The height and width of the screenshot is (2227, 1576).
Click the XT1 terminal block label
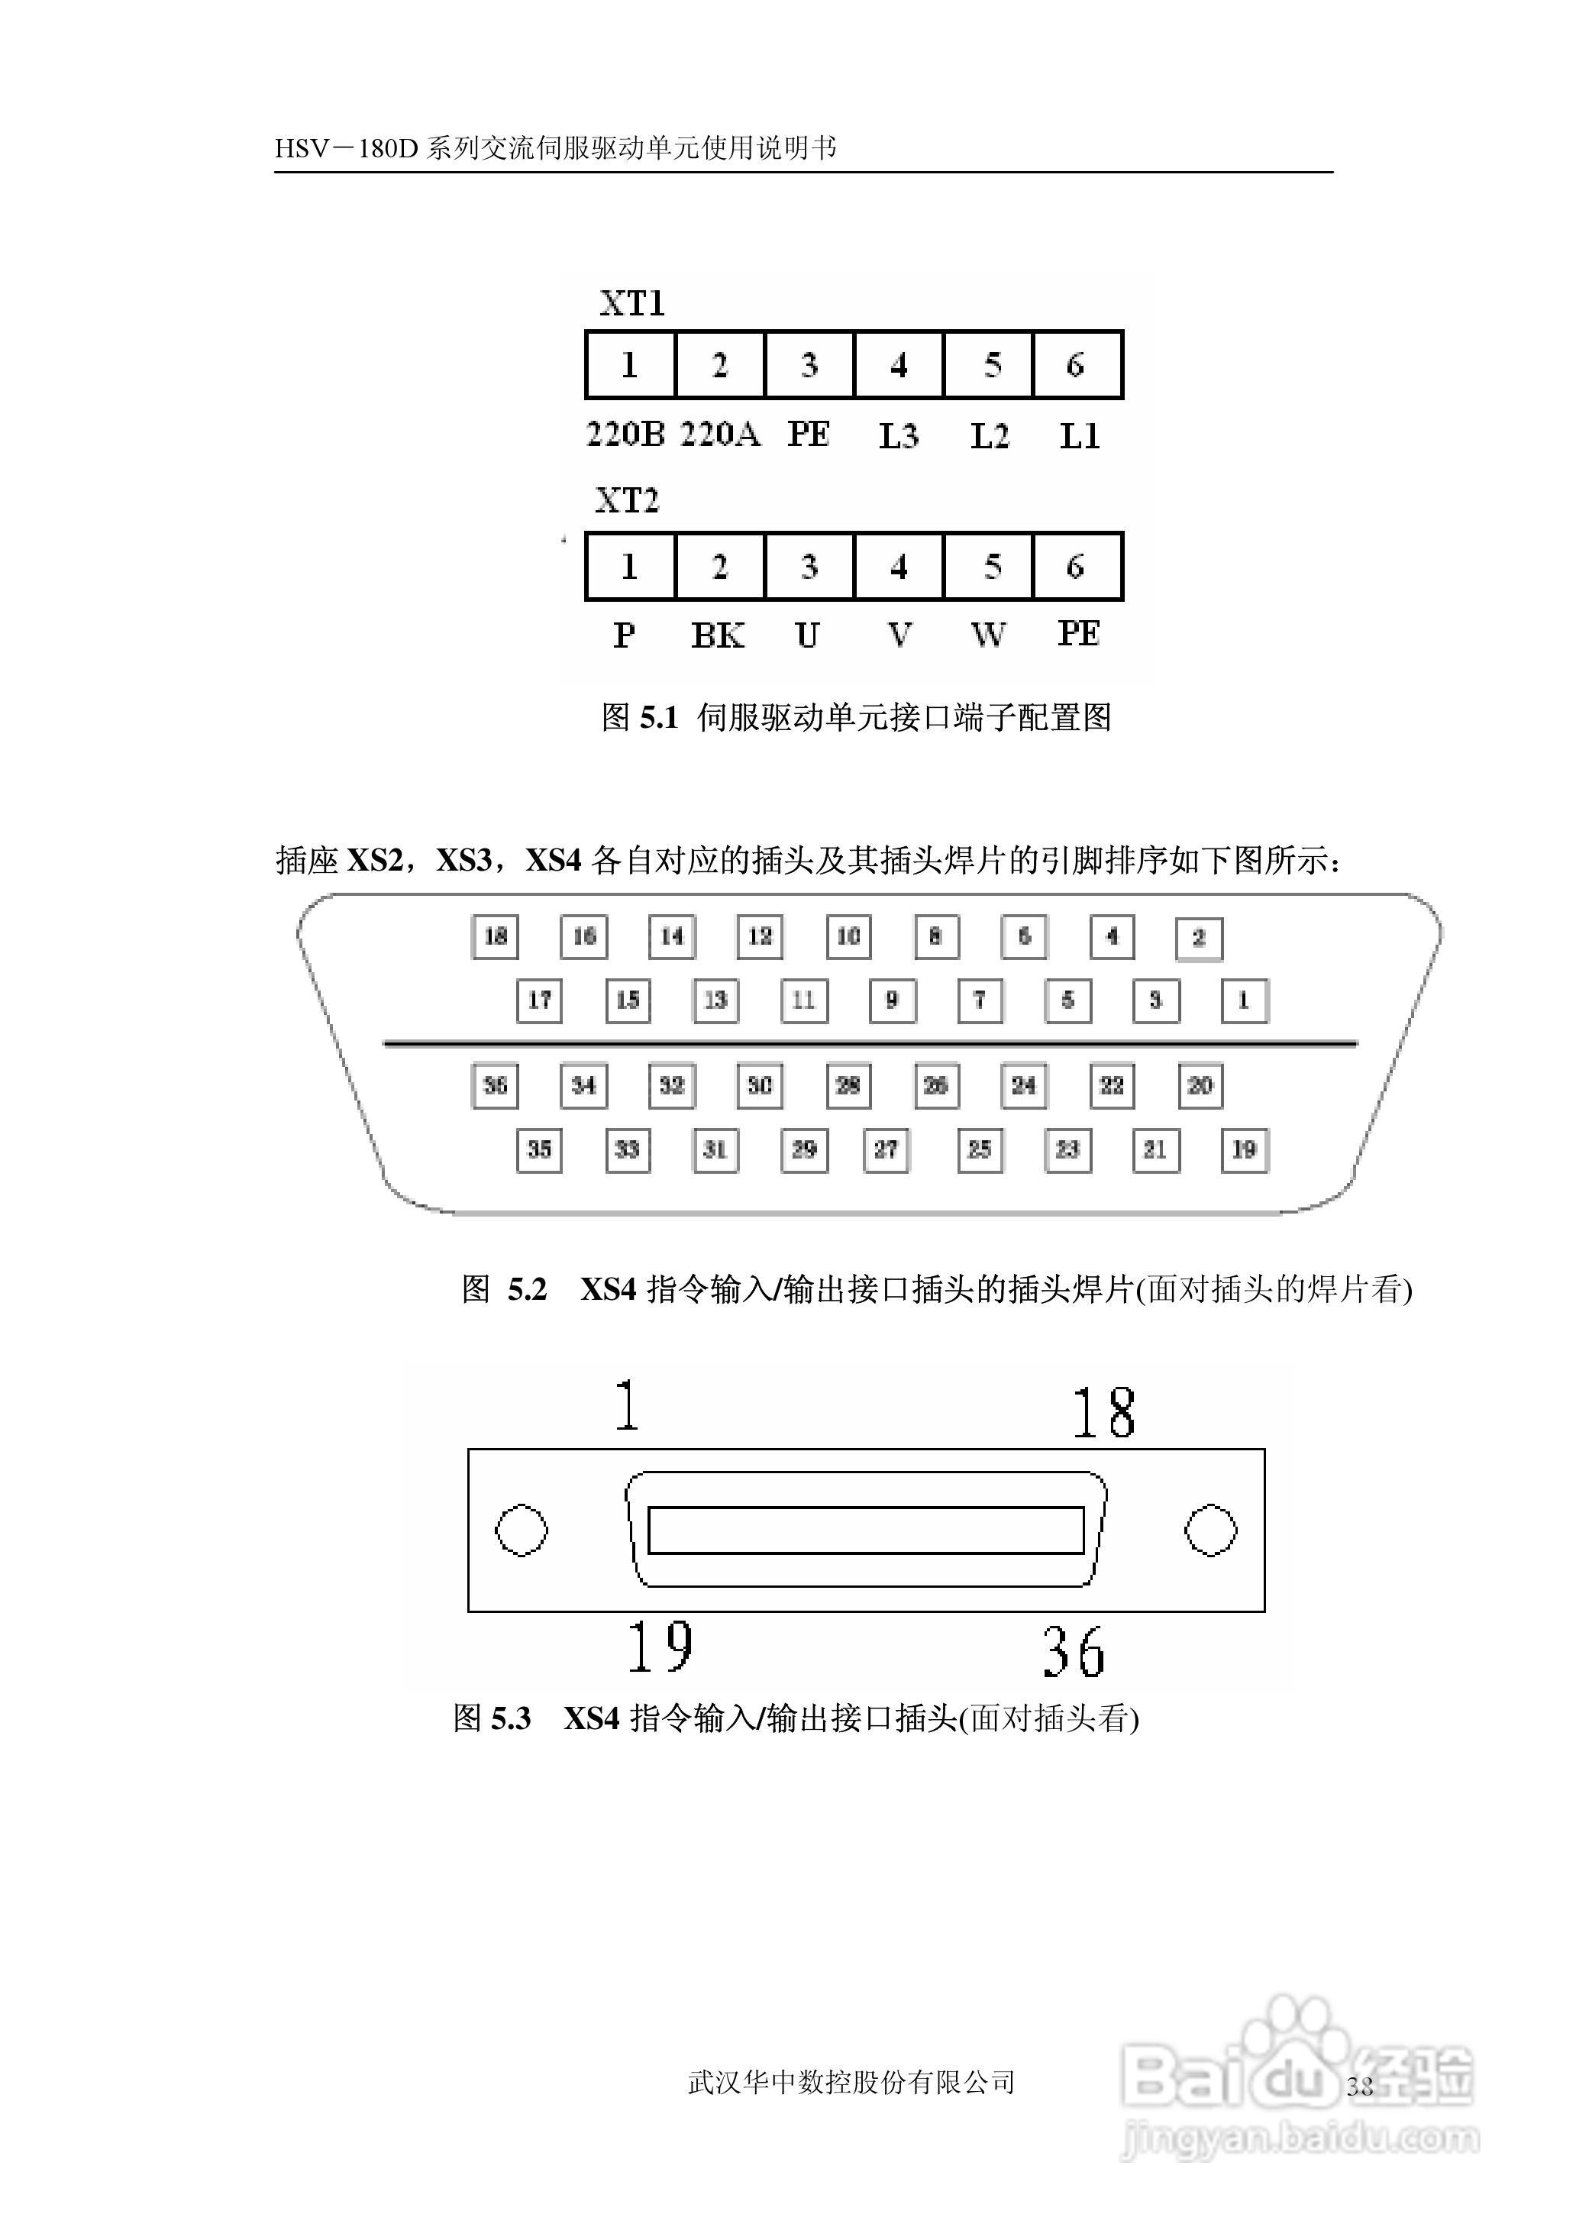(631, 304)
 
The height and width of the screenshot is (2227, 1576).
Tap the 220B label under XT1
(625, 434)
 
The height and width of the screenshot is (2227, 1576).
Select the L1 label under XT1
(1079, 435)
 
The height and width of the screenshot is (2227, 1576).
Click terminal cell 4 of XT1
(899, 365)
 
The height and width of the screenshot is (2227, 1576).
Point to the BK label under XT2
(717, 635)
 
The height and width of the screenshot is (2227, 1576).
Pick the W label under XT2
(988, 635)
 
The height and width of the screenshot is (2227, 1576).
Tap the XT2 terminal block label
(627, 501)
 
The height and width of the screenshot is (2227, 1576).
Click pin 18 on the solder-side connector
(495, 936)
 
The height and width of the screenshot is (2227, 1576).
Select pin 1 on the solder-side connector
(1244, 1000)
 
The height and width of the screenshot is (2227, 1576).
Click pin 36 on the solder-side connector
(495, 1085)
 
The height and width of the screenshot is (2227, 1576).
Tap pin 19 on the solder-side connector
(1244, 1150)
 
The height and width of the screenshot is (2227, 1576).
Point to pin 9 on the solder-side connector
(892, 1000)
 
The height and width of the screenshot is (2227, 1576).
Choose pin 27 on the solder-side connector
(886, 1150)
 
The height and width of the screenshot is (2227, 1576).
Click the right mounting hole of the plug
(1211, 1530)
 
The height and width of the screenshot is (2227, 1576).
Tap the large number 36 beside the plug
(1074, 1653)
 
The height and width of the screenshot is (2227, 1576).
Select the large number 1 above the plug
(628, 1406)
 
